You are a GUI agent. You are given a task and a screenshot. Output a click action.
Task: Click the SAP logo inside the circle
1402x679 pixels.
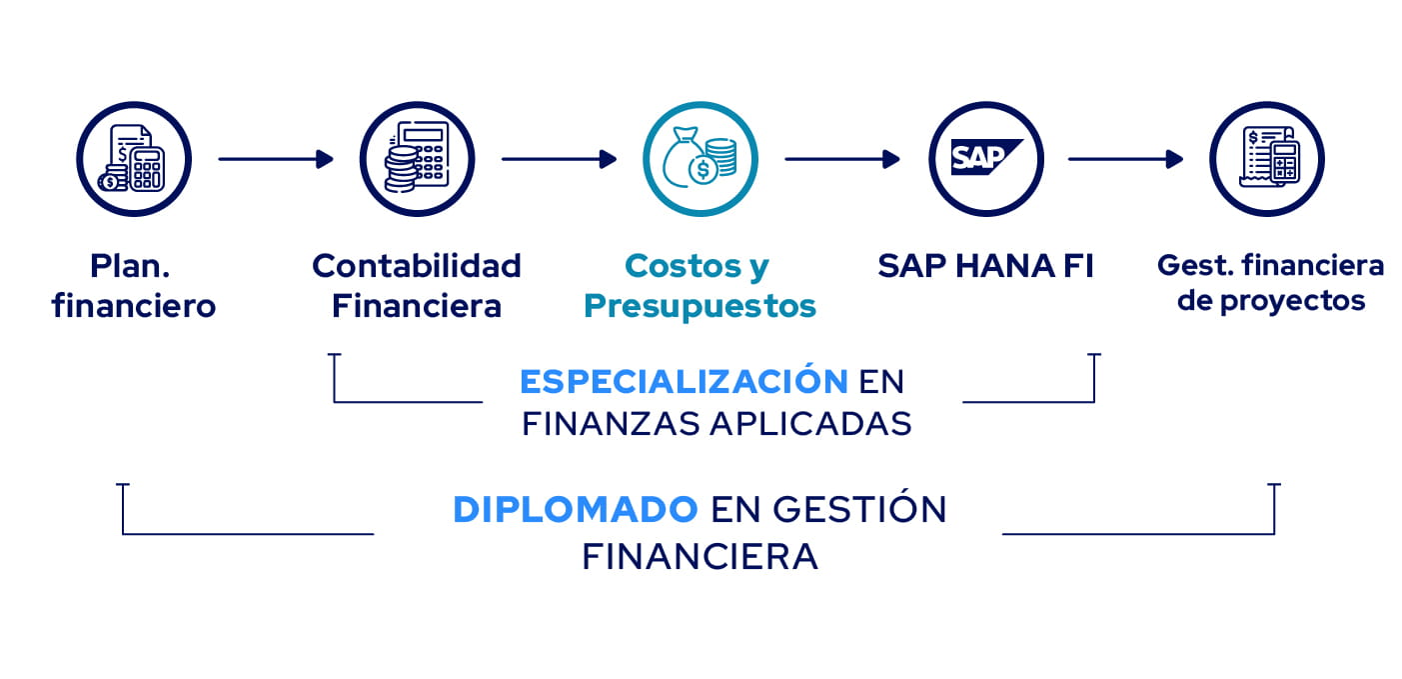(986, 157)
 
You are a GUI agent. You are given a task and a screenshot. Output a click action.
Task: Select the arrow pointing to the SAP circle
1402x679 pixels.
(842, 159)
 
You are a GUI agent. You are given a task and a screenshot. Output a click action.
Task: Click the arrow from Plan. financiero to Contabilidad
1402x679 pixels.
(276, 159)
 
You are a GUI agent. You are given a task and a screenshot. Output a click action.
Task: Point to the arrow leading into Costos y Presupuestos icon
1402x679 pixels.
(559, 159)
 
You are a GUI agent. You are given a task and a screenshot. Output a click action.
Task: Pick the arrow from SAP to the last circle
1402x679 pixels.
(1125, 159)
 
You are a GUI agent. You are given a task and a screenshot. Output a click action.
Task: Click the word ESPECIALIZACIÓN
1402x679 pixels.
(684, 380)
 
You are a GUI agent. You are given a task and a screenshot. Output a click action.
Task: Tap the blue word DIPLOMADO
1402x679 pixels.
(575, 509)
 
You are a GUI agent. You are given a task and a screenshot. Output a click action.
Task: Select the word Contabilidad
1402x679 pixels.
(417, 266)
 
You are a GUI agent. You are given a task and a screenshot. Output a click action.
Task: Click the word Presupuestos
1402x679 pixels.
(700, 307)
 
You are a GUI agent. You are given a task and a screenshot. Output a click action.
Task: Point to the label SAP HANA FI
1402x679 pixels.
(985, 266)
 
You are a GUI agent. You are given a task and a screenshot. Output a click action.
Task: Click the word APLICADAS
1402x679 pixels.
(811, 423)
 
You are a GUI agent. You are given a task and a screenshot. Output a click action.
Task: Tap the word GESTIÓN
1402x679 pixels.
(860, 508)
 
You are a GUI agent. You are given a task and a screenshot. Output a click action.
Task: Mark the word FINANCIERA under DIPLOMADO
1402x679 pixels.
(700, 557)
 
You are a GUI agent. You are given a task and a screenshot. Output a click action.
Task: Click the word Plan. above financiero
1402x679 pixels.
(130, 266)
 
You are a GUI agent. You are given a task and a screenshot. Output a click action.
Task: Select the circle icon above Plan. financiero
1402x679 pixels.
(134, 159)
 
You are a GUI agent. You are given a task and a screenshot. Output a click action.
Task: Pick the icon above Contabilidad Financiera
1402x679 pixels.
(417, 159)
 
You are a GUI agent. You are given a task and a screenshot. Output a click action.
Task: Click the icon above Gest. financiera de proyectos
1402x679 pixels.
(1267, 159)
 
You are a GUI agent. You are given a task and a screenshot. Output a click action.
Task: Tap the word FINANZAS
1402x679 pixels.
(611, 423)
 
